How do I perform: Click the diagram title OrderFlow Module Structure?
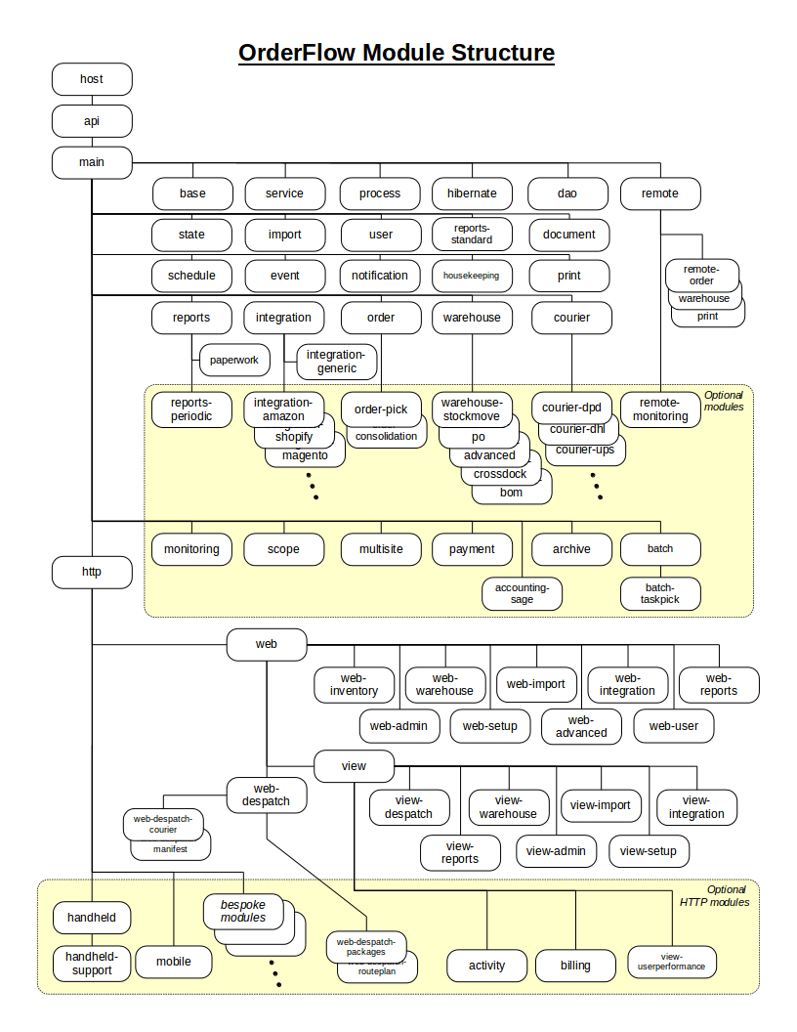click(x=397, y=53)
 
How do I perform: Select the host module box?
click(x=92, y=79)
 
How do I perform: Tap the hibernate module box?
click(x=472, y=193)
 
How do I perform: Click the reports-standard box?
click(x=472, y=235)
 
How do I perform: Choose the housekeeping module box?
click(x=472, y=276)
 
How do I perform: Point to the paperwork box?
click(x=234, y=360)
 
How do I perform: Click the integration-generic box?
click(x=335, y=362)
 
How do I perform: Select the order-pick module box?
click(x=381, y=408)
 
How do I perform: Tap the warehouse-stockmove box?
click(x=471, y=409)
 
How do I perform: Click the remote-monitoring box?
click(x=660, y=409)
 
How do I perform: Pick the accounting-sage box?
click(x=522, y=593)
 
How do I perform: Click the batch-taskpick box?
click(x=660, y=593)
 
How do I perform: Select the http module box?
click(x=92, y=573)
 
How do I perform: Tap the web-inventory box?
click(x=354, y=684)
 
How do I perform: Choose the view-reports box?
click(x=460, y=852)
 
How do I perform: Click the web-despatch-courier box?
click(x=163, y=823)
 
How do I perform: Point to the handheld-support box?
click(x=92, y=963)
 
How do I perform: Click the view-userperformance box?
click(x=672, y=963)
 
